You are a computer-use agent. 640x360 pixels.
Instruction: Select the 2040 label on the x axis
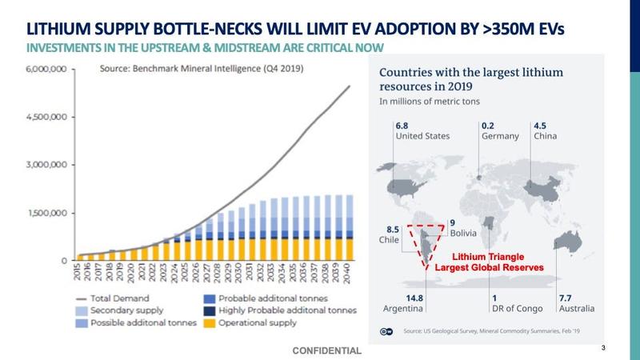(348, 274)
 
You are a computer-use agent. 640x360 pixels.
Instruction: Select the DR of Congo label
(515, 308)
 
